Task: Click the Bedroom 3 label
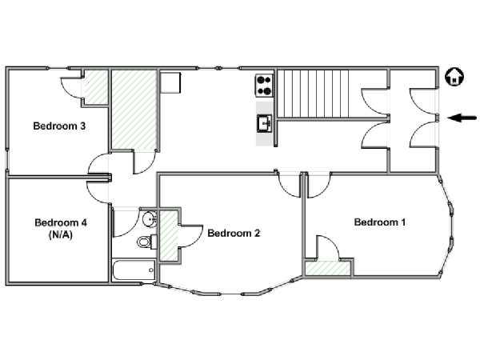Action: click(x=59, y=126)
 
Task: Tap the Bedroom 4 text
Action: click(x=61, y=222)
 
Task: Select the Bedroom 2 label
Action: click(x=234, y=233)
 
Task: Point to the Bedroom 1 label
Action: click(x=380, y=222)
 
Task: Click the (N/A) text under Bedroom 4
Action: click(x=61, y=234)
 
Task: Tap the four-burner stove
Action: click(x=264, y=86)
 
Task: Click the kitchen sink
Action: click(x=265, y=123)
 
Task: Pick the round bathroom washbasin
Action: click(x=150, y=218)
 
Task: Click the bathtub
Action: click(x=134, y=270)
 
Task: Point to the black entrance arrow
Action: click(x=462, y=118)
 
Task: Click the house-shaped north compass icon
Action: click(x=454, y=77)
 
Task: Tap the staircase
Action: click(x=313, y=94)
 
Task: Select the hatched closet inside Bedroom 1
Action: click(x=328, y=268)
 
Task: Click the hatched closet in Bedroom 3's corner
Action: click(x=96, y=87)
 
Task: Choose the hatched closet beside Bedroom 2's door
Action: click(x=168, y=236)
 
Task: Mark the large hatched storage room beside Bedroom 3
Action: click(x=134, y=110)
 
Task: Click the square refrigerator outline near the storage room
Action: click(x=170, y=82)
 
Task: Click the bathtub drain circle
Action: click(x=151, y=270)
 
